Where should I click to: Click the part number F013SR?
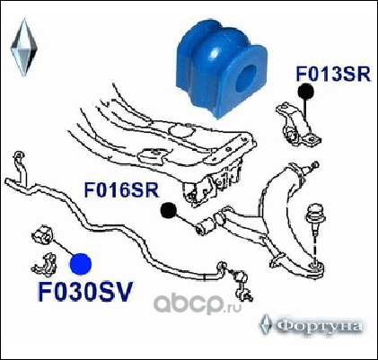coord(333,74)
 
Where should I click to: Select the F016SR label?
coord(121,189)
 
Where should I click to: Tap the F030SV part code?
coord(85,292)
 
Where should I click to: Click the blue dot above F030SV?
coord(81,264)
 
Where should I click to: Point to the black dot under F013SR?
coord(305,92)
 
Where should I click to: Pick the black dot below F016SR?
coord(168,210)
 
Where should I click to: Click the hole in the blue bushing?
coord(246,78)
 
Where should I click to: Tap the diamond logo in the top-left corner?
coord(23,48)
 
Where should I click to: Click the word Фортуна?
coord(319,326)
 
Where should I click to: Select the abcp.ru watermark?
coord(198,303)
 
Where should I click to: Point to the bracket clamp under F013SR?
coord(297,124)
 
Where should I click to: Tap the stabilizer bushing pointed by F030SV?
coord(43,235)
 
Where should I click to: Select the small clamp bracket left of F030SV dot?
coord(44,264)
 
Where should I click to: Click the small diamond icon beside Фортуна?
coord(266,324)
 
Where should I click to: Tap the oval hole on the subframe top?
coord(180,130)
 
